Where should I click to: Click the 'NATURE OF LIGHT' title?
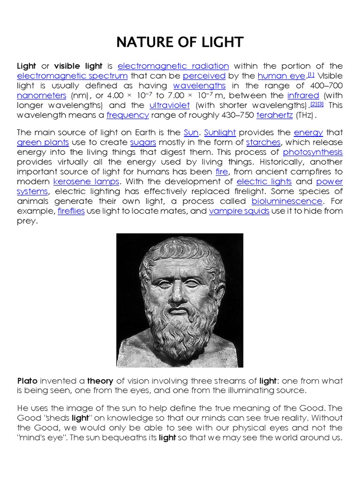click(x=180, y=42)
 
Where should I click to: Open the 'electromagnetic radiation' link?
click(x=173, y=66)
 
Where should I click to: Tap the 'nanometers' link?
click(x=42, y=96)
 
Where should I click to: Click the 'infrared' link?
click(x=303, y=96)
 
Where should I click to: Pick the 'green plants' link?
click(x=43, y=142)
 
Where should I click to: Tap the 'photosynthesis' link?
click(x=313, y=152)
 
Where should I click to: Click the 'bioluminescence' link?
click(x=287, y=201)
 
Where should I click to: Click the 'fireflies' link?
click(x=71, y=211)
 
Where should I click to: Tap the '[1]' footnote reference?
click(x=311, y=74)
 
